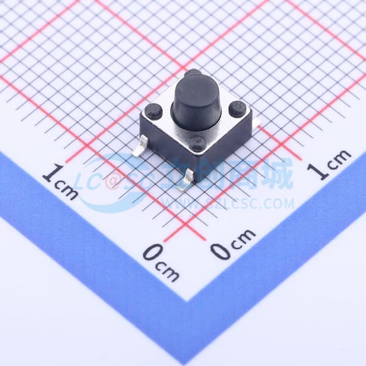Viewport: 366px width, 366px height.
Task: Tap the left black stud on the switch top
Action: tap(153, 110)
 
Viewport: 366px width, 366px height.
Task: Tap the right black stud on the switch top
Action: tap(237, 109)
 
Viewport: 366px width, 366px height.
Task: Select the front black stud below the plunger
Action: tap(198, 143)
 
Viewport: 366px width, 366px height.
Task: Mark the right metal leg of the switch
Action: tap(257, 122)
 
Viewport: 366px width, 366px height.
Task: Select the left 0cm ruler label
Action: tap(160, 260)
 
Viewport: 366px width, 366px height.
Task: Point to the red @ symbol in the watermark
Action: tap(113, 182)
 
